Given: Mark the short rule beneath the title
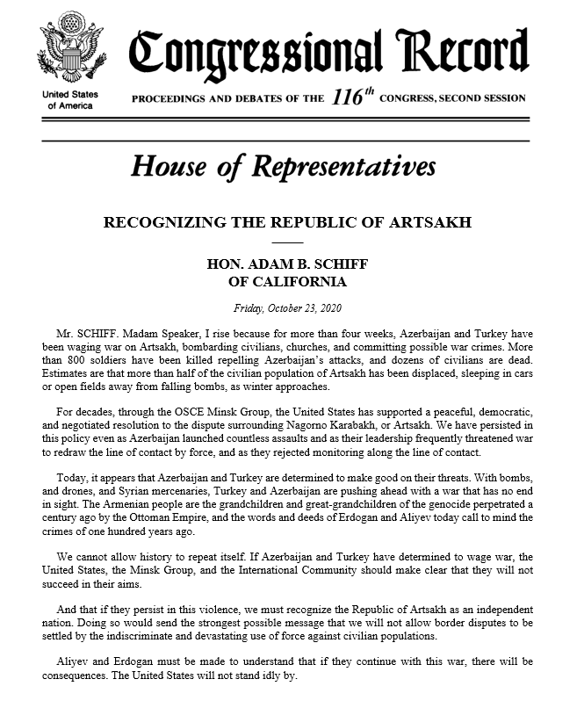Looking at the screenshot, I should [x=286, y=241].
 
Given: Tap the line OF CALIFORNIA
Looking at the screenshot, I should [x=286, y=282].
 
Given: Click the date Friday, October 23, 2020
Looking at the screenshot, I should [x=286, y=308].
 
